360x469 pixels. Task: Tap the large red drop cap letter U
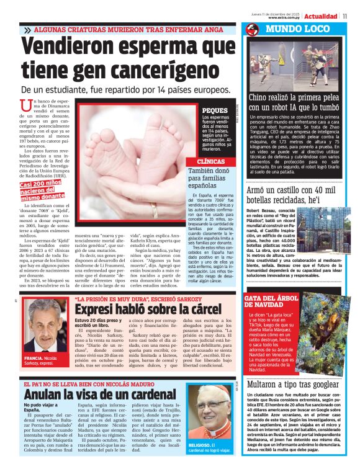coord(25,107)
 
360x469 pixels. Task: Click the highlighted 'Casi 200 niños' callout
coord(42,188)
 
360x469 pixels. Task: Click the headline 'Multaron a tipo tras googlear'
coord(302,384)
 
